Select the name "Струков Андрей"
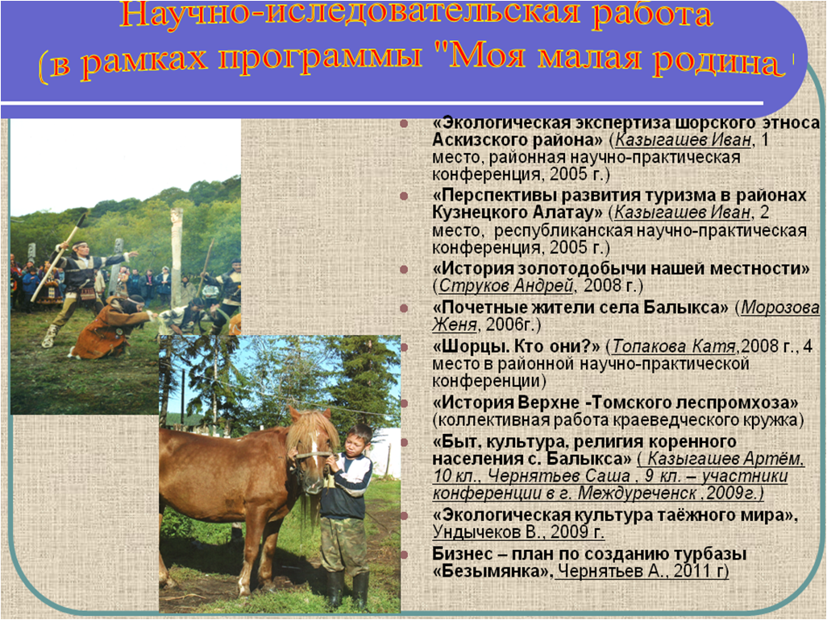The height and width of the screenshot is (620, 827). (506, 286)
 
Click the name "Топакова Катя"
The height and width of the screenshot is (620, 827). (674, 346)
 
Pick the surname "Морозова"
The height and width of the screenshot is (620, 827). (780, 308)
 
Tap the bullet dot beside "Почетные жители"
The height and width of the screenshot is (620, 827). (405, 308)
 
